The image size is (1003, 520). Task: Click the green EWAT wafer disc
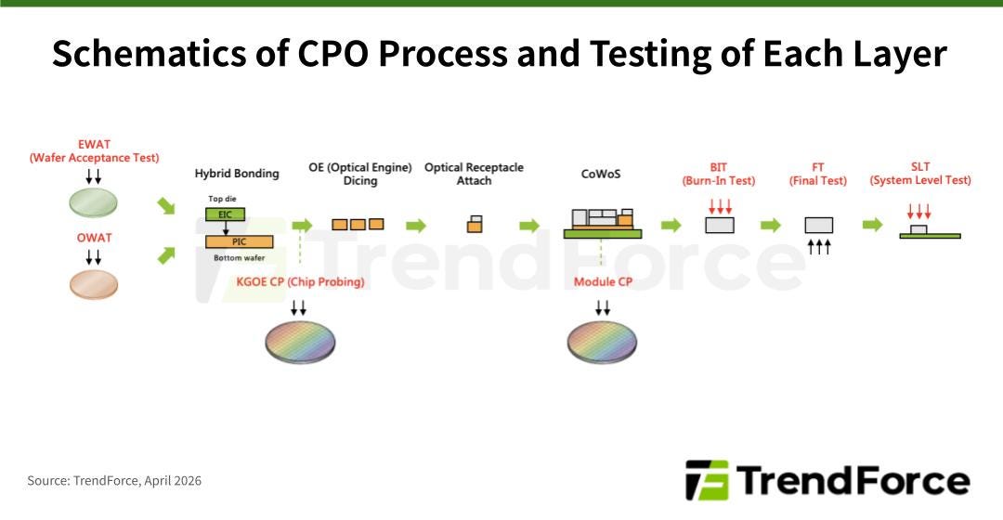94,202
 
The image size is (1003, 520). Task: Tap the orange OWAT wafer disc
94,284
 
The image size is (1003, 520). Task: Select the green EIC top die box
224,214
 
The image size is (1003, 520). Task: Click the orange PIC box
240,241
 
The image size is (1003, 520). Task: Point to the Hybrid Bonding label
237,174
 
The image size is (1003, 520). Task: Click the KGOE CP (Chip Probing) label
300,281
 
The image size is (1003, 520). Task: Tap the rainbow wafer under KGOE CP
300,342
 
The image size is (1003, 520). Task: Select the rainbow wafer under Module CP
602,342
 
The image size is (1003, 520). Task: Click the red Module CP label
603,281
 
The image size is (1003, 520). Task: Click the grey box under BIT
720,225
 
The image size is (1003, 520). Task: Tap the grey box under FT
818,225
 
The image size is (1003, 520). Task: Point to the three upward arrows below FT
818,246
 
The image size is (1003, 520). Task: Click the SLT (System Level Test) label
920,174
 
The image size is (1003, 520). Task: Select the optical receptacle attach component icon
475,224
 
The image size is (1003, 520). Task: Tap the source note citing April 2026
114,480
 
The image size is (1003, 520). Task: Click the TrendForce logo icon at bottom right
706,480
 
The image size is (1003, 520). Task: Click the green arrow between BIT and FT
770,226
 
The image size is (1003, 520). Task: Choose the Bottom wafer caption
239,257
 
